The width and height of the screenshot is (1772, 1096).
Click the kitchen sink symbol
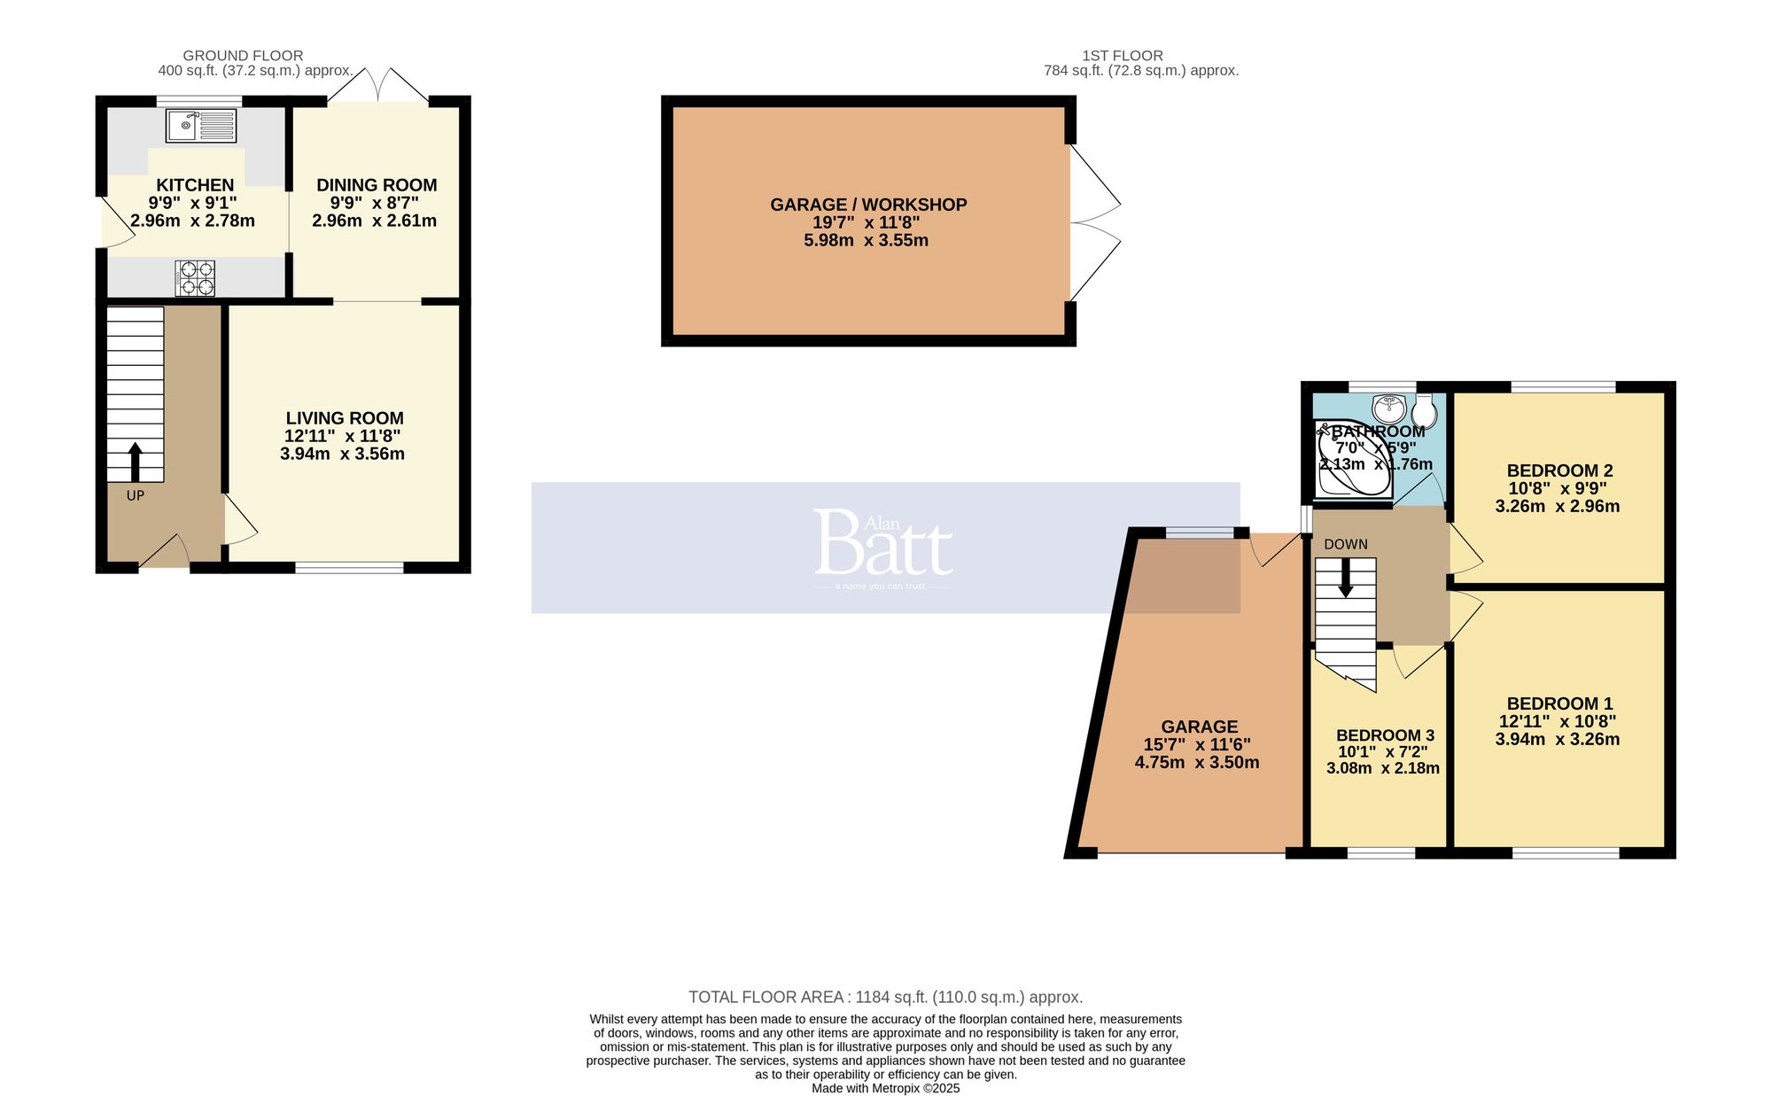pos(201,125)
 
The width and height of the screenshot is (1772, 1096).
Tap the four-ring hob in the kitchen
pos(196,277)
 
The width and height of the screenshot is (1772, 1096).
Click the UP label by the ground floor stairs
pos(135,495)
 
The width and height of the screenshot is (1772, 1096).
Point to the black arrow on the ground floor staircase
pos(135,462)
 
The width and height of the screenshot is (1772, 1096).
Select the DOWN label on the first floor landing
pos(1345,544)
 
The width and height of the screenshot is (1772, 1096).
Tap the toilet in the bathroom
pos(1424,411)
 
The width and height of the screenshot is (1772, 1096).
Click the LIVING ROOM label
pos(345,418)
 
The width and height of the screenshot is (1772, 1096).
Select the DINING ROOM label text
pos(377,185)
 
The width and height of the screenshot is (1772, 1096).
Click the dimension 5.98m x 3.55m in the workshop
pos(866,240)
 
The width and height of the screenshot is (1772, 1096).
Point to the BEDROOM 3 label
pos(1384,735)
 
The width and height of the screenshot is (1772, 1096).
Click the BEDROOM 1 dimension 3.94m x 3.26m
pos(1557,739)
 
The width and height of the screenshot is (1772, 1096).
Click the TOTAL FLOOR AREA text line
pos(885,997)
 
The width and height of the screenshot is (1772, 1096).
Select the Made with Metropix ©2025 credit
pos(885,1088)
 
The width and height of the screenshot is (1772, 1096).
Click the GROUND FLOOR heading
pos(243,56)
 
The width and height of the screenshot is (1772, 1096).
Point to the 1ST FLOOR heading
pos(1122,56)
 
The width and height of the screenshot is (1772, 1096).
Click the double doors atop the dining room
pos(379,84)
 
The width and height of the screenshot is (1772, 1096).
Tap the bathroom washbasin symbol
pos(1388,409)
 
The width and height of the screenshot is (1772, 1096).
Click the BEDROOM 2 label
pos(1558,470)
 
